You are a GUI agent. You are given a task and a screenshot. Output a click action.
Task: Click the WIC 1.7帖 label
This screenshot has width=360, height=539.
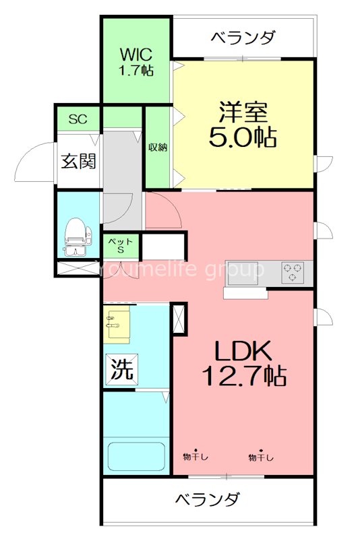coord(136,62)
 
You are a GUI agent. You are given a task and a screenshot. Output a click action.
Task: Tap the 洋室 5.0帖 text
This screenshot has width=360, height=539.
coord(243,125)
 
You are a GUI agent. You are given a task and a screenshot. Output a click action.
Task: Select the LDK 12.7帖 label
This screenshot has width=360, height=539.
coord(244,363)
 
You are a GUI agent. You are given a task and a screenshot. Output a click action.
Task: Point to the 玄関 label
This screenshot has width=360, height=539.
coord(78,161)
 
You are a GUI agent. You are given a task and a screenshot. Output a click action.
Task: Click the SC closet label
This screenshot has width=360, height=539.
coord(78,119)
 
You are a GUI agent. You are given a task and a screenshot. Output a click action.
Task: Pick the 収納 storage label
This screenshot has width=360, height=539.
coord(158,147)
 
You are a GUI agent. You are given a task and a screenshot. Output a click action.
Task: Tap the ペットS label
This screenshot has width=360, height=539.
coord(121,245)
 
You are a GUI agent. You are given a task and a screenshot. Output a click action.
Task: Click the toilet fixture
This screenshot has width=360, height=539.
coord(78,237)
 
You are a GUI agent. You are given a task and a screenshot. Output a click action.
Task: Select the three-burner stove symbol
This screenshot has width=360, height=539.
coord(293,272)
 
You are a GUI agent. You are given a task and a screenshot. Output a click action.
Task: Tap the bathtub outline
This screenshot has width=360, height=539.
coord(136,457)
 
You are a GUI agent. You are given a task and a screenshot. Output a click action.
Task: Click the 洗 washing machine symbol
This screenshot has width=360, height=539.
coord(121,369)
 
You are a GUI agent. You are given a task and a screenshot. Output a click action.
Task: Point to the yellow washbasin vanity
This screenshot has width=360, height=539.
coord(117,323)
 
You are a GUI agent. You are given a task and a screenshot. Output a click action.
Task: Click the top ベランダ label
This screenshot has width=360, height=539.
coord(243,37)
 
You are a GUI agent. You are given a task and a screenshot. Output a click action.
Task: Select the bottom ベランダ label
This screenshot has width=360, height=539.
coord(208,499)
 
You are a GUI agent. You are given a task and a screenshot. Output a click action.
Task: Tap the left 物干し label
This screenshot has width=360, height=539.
coord(196,456)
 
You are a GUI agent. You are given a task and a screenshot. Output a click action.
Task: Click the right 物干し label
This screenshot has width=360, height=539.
coord(261,456)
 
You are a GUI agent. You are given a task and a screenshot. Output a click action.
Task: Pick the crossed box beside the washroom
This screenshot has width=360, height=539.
coord(179,318)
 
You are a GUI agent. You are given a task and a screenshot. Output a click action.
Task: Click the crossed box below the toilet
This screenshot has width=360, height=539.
coord(78,268)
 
